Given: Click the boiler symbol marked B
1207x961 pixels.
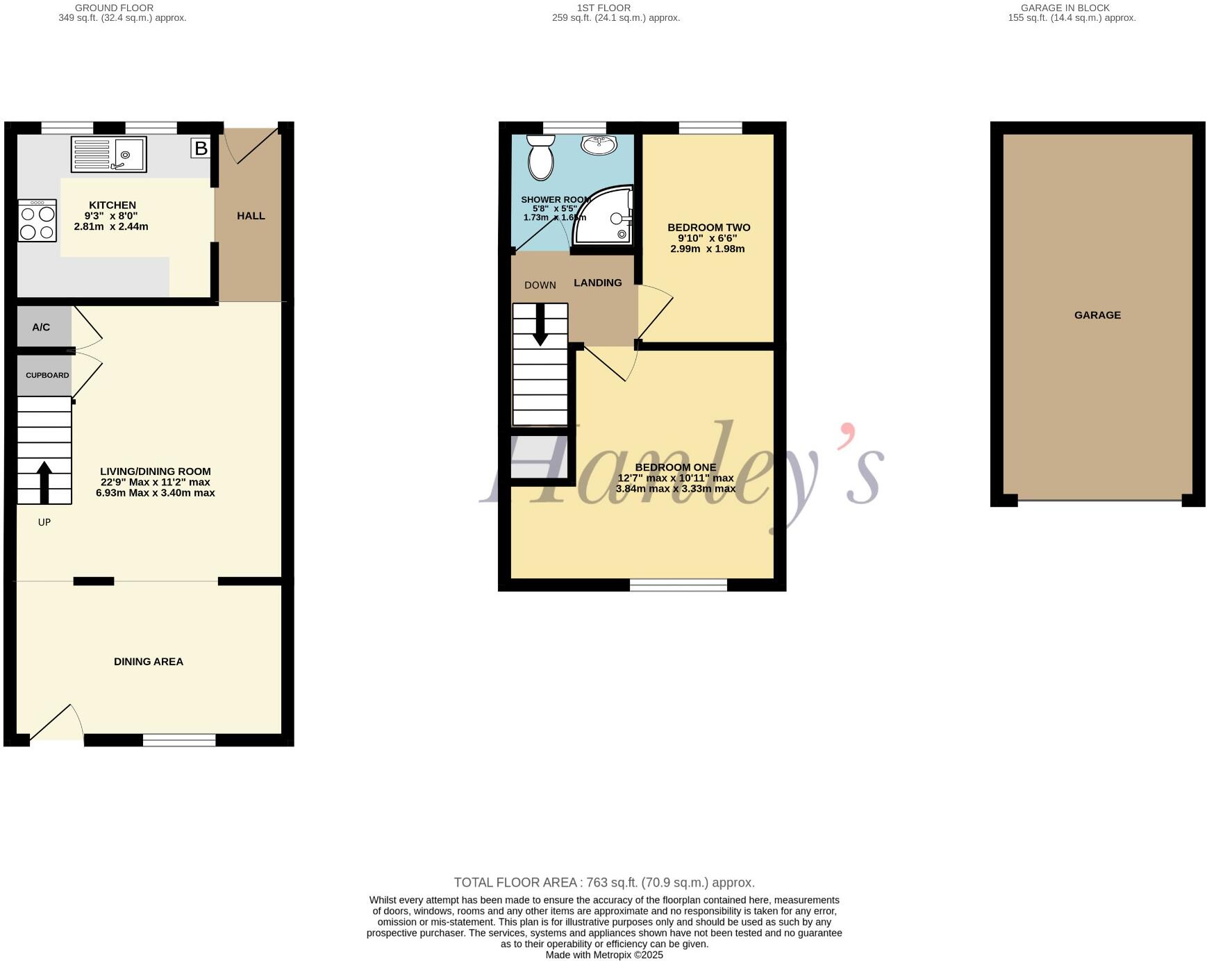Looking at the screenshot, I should pyautogui.click(x=201, y=148).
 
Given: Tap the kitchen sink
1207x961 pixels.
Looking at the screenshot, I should pyautogui.click(x=108, y=154).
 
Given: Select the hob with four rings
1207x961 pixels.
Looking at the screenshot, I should pyautogui.click(x=38, y=221).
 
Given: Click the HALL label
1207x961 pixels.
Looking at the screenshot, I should pyautogui.click(x=251, y=216).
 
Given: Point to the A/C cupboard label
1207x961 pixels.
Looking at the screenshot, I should pyautogui.click(x=41, y=327).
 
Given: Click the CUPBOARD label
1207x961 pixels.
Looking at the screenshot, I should pyautogui.click(x=47, y=375).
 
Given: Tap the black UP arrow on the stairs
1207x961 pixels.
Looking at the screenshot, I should pyautogui.click(x=44, y=482).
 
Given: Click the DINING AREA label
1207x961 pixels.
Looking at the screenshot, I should pyautogui.click(x=149, y=662).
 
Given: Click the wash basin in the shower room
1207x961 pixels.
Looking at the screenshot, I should pyautogui.click(x=599, y=144).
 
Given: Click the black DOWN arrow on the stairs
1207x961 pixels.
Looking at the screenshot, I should pyautogui.click(x=540, y=328).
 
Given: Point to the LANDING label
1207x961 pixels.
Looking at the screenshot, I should pyautogui.click(x=597, y=283).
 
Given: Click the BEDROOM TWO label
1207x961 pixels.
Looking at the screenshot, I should pyautogui.click(x=708, y=228).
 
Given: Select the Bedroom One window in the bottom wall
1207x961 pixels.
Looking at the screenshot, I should pyautogui.click(x=678, y=585).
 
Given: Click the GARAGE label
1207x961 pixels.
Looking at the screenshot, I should pyautogui.click(x=1097, y=315).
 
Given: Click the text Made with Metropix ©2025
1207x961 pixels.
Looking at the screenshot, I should pyautogui.click(x=604, y=955).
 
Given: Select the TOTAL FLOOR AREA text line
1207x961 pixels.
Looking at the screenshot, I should pyautogui.click(x=604, y=883).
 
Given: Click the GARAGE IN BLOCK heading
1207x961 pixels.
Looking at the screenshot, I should pyautogui.click(x=1065, y=8).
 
